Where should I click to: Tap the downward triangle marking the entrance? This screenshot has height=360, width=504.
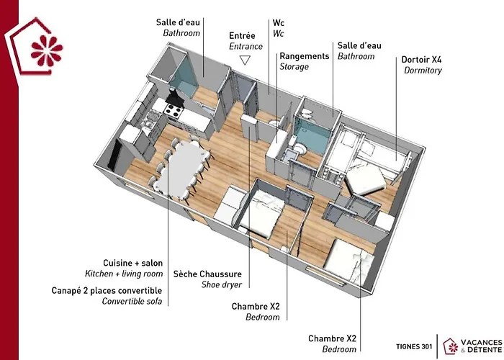[245, 60]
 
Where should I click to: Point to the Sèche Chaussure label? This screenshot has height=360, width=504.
[207, 274]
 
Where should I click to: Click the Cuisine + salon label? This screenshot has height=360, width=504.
[132, 263]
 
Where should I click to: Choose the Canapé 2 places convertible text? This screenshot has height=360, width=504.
[107, 290]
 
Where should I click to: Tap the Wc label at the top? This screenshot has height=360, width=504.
[279, 23]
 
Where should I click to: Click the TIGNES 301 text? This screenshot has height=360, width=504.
[414, 346]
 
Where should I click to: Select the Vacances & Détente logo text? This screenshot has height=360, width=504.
[481, 346]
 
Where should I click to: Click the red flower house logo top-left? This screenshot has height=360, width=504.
[36, 47]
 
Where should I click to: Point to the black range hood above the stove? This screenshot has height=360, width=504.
[175, 97]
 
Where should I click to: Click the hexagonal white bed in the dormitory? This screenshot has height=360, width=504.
[366, 179]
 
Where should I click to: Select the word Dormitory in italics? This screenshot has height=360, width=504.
[423, 71]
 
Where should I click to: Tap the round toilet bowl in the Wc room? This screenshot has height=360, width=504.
[274, 123]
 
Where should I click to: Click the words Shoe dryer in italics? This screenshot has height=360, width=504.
[222, 284]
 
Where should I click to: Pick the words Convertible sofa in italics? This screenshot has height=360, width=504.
[132, 301]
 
